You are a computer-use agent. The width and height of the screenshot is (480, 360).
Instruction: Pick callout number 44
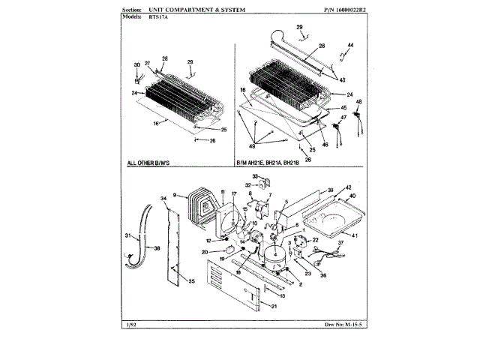tap(351, 46)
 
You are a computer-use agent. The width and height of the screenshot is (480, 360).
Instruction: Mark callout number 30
tap(136, 65)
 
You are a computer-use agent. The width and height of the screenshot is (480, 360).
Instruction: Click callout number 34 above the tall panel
tap(163, 198)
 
